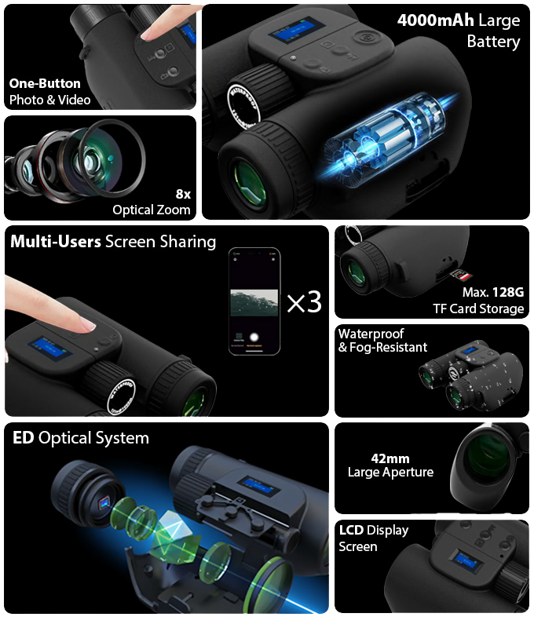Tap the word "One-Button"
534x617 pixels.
pos(45,83)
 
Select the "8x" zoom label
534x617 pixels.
pos(183,194)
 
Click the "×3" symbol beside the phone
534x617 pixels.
pos(304,302)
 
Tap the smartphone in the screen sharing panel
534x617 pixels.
pos(254,301)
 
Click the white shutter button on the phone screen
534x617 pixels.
pos(254,337)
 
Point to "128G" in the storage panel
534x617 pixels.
pos(507,292)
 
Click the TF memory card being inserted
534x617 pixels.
pos(461,274)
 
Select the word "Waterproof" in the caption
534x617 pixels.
pos(371,334)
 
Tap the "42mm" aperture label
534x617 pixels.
pos(390,458)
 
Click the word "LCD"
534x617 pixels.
pos(351,530)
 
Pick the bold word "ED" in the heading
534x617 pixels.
pos(24,437)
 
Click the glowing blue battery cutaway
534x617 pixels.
pos(386,136)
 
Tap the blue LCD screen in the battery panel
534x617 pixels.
pos(296,30)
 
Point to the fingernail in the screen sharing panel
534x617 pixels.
pos(87,325)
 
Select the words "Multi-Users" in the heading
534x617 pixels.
pos(56,242)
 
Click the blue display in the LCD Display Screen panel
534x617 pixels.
pos(467,560)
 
